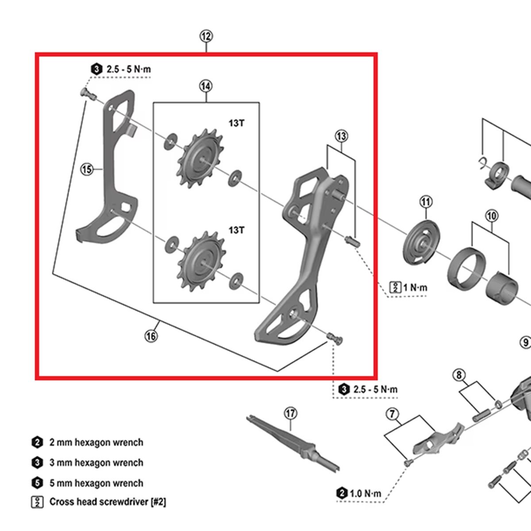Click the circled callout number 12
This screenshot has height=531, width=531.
[x=206, y=36]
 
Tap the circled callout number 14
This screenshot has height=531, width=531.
[x=205, y=86]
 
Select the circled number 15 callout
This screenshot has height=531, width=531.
[x=87, y=169]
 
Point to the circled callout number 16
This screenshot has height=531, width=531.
[x=151, y=336]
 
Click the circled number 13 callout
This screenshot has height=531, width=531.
[x=341, y=136]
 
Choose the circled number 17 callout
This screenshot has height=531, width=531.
[x=290, y=413]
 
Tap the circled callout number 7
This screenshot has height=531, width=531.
[x=392, y=414]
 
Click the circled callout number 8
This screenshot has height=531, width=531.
[x=459, y=375]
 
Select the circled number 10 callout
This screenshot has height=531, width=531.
[x=492, y=216]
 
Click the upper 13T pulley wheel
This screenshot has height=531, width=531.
[x=202, y=162]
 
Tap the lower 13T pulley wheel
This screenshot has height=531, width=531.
[x=202, y=262]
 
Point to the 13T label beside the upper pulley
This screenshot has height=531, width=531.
[x=236, y=123]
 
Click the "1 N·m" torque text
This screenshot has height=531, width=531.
[x=415, y=288]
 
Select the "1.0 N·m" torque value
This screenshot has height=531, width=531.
[x=365, y=493]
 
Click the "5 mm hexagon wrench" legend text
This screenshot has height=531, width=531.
[x=96, y=483]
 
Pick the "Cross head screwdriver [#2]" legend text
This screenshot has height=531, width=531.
[x=108, y=502]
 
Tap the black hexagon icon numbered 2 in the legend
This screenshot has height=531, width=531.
[x=37, y=442]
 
